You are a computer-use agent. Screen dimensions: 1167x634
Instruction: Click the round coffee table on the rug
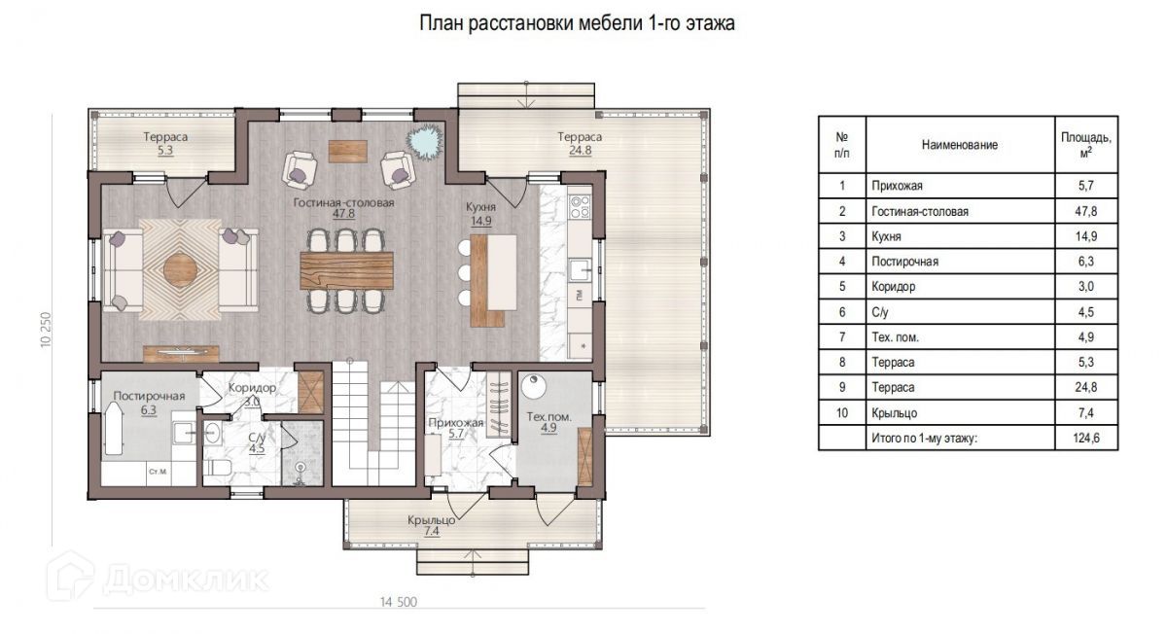click(x=180, y=270)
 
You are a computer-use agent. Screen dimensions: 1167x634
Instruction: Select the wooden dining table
click(x=346, y=270)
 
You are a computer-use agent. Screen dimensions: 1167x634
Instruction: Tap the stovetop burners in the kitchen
click(x=580, y=207)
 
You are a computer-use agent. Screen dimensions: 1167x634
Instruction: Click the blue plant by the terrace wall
click(x=425, y=142)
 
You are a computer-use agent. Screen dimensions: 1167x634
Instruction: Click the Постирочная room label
click(x=149, y=396)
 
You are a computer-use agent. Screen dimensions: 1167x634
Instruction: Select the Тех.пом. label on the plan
click(x=548, y=417)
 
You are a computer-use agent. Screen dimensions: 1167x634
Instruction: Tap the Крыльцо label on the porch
click(x=432, y=520)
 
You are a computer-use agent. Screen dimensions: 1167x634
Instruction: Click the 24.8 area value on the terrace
click(x=580, y=151)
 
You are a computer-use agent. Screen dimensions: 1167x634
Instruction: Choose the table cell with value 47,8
click(x=1086, y=211)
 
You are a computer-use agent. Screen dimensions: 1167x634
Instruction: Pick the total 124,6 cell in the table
click(x=1086, y=438)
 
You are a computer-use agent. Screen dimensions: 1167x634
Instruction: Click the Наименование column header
click(x=960, y=145)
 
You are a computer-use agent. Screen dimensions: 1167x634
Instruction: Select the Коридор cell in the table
click(x=960, y=287)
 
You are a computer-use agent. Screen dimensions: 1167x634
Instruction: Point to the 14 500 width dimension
click(x=399, y=602)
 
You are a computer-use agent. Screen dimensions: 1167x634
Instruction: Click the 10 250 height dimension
click(x=46, y=331)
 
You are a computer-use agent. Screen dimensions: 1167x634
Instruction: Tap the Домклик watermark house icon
click(x=70, y=576)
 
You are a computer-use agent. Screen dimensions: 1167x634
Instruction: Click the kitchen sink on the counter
click(x=580, y=270)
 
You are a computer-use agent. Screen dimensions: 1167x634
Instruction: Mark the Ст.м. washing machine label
click(x=158, y=472)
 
